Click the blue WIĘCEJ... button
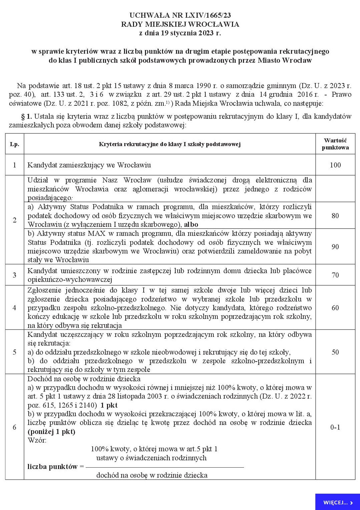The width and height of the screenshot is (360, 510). (x=337, y=502)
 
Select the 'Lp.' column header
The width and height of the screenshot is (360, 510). (x=15, y=144)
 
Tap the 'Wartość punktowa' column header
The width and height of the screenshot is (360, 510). (x=335, y=144)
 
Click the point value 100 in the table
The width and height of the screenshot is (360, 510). (x=335, y=165)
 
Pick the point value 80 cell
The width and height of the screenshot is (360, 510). (x=335, y=215)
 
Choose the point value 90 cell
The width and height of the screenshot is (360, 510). (x=335, y=246)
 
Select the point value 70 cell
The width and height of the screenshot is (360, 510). (x=335, y=275)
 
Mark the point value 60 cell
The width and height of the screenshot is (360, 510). (x=335, y=308)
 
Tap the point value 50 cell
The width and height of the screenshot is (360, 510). (x=335, y=352)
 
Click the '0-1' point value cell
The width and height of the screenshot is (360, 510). (x=335, y=427)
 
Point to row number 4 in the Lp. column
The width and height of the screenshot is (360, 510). (x=14, y=308)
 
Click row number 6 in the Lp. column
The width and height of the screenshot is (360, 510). (x=14, y=427)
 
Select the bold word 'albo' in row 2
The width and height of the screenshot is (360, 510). (x=191, y=224)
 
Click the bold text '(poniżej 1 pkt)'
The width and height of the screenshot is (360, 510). (x=51, y=432)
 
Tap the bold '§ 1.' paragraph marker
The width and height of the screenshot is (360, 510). (x=26, y=116)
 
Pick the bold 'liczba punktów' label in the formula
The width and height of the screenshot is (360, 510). (x=52, y=467)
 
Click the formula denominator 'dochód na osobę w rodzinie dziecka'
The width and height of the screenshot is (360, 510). (x=152, y=475)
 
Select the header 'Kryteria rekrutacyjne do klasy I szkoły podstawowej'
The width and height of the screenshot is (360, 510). (x=170, y=144)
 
